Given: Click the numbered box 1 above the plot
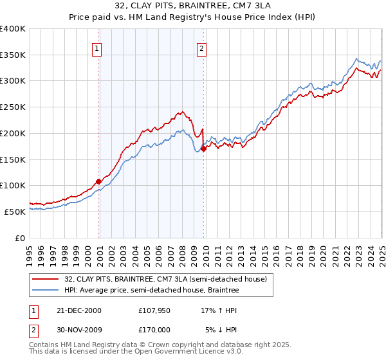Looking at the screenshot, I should pos(96,48).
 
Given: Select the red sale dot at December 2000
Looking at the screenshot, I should pos(99,181).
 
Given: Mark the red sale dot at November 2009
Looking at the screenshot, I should pos(204,148).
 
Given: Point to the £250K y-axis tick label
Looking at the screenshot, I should pos(13,107).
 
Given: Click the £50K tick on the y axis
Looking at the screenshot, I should pos(15,212).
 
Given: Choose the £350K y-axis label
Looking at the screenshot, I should pos(13,55).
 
